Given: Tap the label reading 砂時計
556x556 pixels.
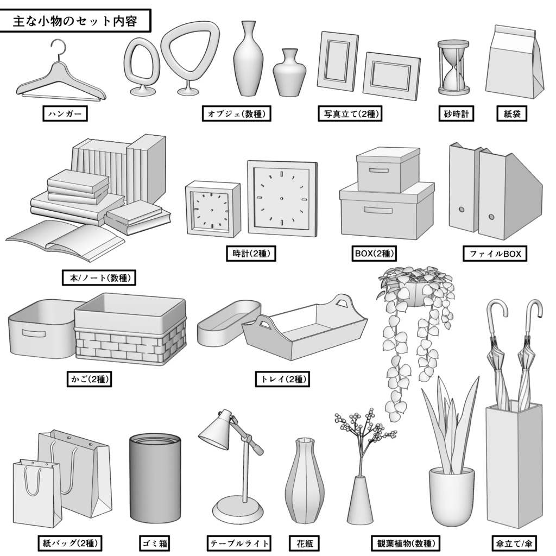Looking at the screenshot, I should click(x=456, y=113).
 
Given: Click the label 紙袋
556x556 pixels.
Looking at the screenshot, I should click(x=512, y=113).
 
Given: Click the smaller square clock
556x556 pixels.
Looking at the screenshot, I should click(x=212, y=208).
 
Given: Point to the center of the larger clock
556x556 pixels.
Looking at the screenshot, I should click(x=282, y=199).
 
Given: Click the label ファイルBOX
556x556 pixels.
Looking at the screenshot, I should click(x=495, y=254).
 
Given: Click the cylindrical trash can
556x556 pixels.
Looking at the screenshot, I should click(x=155, y=478).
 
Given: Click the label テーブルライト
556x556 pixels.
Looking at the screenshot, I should click(x=239, y=542).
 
